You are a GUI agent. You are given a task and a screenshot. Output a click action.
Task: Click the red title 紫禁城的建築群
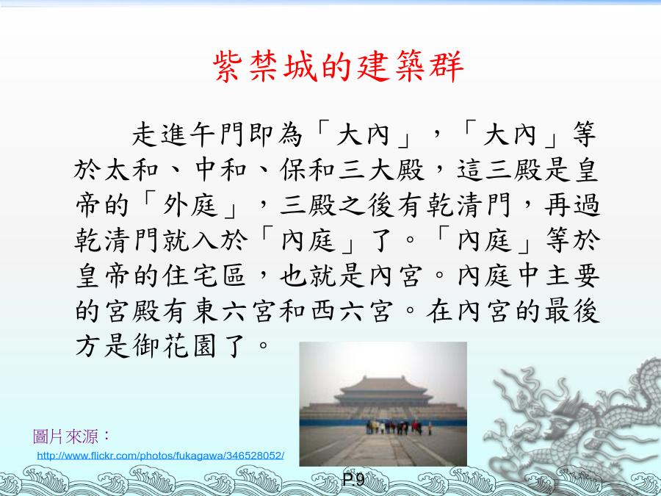tap(338, 67)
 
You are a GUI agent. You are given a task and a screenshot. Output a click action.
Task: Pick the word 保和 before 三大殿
tap(308, 170)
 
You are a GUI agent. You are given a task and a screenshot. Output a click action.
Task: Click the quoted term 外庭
tap(190, 206)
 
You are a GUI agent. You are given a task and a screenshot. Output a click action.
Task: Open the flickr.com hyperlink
tap(161, 456)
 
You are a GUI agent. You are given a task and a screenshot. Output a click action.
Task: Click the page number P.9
tap(353, 480)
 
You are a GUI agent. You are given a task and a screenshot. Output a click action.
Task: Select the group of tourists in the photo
tap(398, 427)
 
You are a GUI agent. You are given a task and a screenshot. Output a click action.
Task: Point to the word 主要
tap(572, 276)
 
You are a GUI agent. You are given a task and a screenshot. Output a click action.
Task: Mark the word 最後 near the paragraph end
tap(572, 312)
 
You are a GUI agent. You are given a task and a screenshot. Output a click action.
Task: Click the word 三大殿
tap(381, 170)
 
